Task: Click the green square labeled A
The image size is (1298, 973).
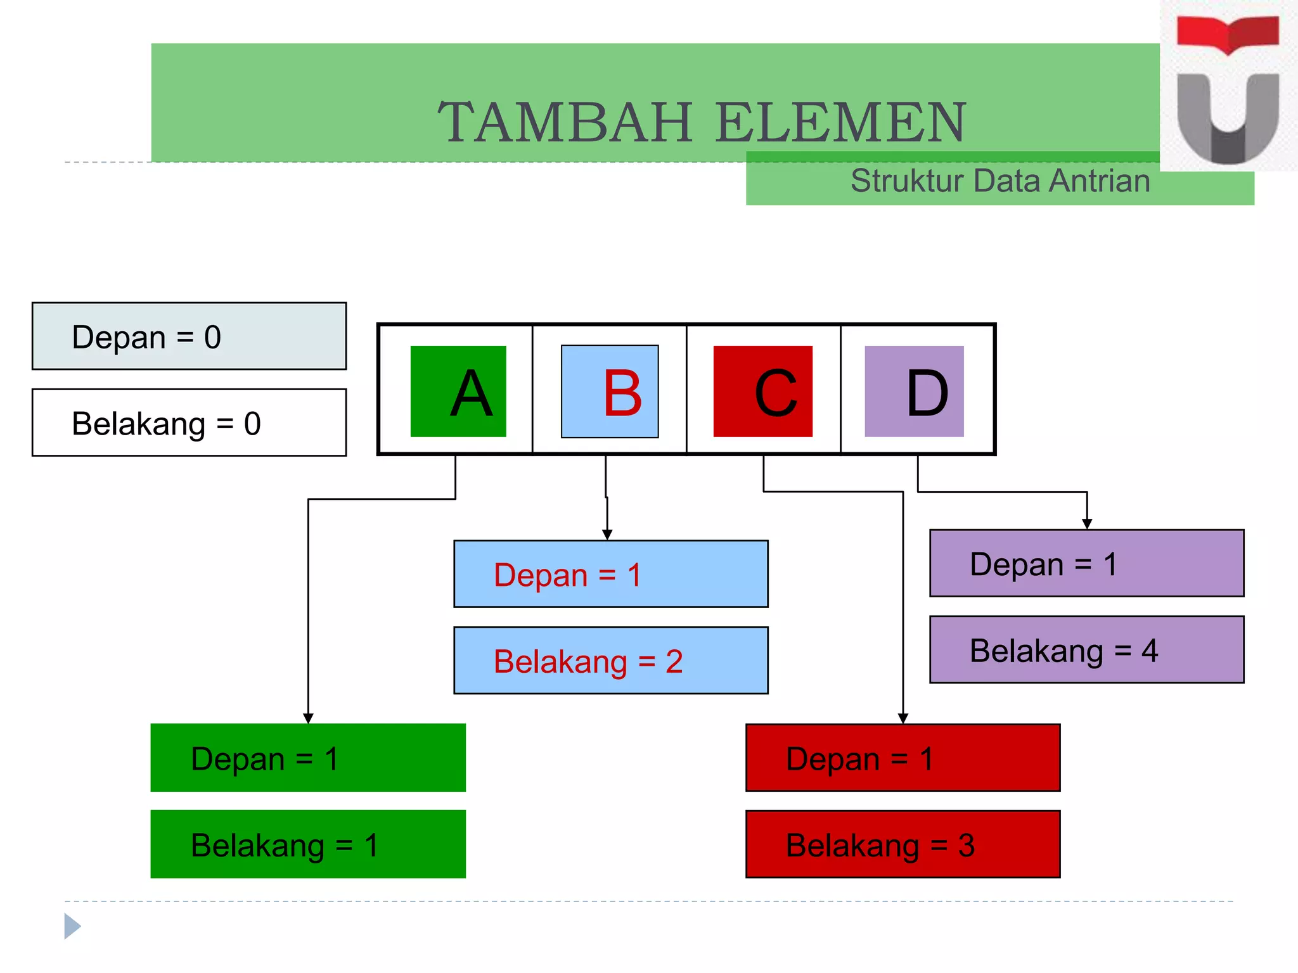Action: coord(458,391)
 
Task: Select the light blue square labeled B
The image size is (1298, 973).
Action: coord(610,391)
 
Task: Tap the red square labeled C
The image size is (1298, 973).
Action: coord(762,391)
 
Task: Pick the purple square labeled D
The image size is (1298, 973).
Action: coord(914,391)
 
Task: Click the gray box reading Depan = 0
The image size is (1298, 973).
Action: coord(189,336)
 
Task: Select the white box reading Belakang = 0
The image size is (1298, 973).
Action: coord(189,423)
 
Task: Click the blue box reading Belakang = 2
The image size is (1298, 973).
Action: coord(610,661)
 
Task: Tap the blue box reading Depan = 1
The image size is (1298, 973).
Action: coord(610,574)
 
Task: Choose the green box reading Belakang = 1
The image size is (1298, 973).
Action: coord(308,844)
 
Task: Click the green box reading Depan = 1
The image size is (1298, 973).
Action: coord(308,758)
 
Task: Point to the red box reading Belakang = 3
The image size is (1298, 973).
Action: coord(903,844)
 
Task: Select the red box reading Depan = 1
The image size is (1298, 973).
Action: coord(903,758)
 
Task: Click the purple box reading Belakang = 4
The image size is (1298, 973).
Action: coord(1086,650)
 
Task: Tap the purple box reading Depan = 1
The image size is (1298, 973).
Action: coord(1086,563)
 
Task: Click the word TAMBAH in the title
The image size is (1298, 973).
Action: coord(565,122)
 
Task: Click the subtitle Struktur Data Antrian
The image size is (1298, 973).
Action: coord(999,181)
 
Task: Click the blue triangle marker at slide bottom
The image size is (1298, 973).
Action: coord(72,926)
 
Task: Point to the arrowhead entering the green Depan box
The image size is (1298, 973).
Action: coord(308,718)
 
